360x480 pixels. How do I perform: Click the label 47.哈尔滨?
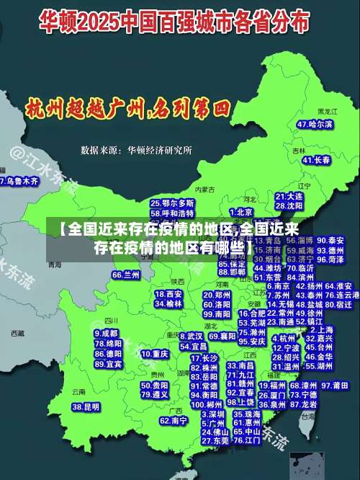pos(315,125)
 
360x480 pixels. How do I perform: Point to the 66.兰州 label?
pos(126,275)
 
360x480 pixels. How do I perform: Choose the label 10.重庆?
pos(155,354)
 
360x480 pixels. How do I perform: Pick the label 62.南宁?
pos(174,420)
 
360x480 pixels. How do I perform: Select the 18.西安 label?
pos(168,294)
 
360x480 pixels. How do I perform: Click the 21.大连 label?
pos(289,195)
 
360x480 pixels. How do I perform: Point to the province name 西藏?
pos(18,334)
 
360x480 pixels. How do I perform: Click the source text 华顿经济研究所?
pos(160,151)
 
